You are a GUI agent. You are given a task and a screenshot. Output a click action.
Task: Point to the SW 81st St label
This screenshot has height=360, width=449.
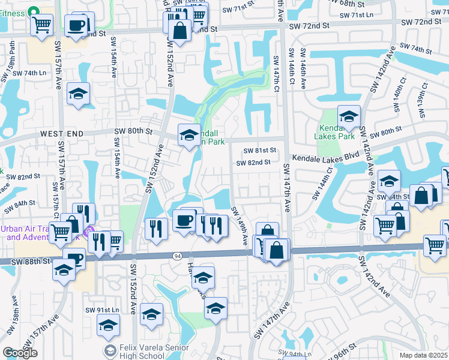(x=259, y=150)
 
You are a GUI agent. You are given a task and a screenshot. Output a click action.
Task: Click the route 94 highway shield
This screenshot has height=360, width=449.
(x=177, y=256)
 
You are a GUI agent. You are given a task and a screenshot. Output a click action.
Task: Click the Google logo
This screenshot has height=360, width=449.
(x=20, y=353)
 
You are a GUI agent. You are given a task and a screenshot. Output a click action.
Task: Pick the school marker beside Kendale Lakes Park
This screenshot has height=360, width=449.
(x=349, y=117)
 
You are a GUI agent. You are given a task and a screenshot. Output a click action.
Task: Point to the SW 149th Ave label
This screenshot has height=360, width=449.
(x=238, y=226)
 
